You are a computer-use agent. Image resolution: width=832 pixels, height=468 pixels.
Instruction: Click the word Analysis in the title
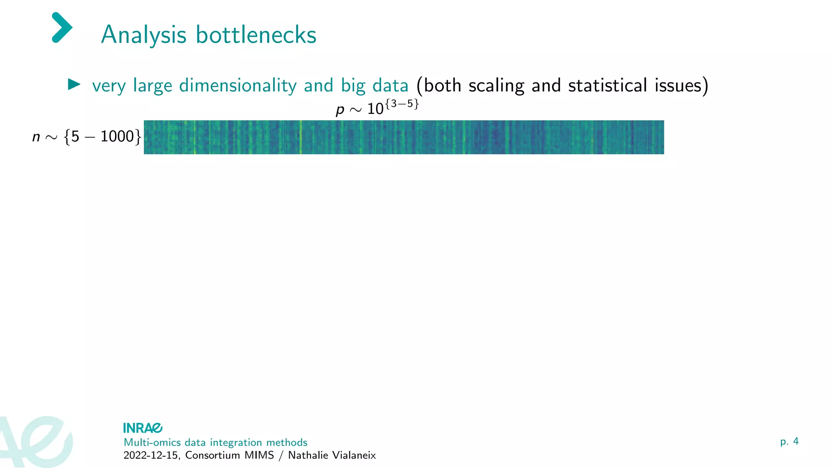pos(143,35)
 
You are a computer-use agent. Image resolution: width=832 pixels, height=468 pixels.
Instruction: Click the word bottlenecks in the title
pos(256,35)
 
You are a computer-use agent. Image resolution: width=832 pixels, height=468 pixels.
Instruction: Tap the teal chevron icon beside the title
pos(62,28)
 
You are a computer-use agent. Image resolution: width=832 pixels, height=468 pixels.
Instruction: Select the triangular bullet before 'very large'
pos(74,84)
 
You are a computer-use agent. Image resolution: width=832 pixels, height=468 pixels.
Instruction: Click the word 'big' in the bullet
pos(353,86)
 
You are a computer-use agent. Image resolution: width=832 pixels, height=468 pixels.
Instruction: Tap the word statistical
pos(607,86)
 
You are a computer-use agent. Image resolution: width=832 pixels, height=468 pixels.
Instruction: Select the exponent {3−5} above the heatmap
pos(402,104)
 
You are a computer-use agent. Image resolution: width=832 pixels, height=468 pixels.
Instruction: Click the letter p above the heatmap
pos(340,109)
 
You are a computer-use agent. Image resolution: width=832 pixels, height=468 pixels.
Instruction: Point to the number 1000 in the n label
pos(117,136)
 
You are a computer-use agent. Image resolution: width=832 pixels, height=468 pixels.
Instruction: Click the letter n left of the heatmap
pos(36,137)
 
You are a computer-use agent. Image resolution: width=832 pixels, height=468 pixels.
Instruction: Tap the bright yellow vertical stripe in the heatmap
pos(301,137)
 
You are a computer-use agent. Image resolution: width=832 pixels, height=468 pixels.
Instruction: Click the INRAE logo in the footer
pos(143,428)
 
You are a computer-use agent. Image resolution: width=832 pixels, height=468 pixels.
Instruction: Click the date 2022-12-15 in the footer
pos(150,455)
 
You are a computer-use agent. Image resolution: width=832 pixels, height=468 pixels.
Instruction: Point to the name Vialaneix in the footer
pos(354,455)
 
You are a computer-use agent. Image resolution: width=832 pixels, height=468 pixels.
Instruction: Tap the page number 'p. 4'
pos(789,442)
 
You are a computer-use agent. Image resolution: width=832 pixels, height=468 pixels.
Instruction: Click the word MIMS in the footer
pos(259,455)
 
